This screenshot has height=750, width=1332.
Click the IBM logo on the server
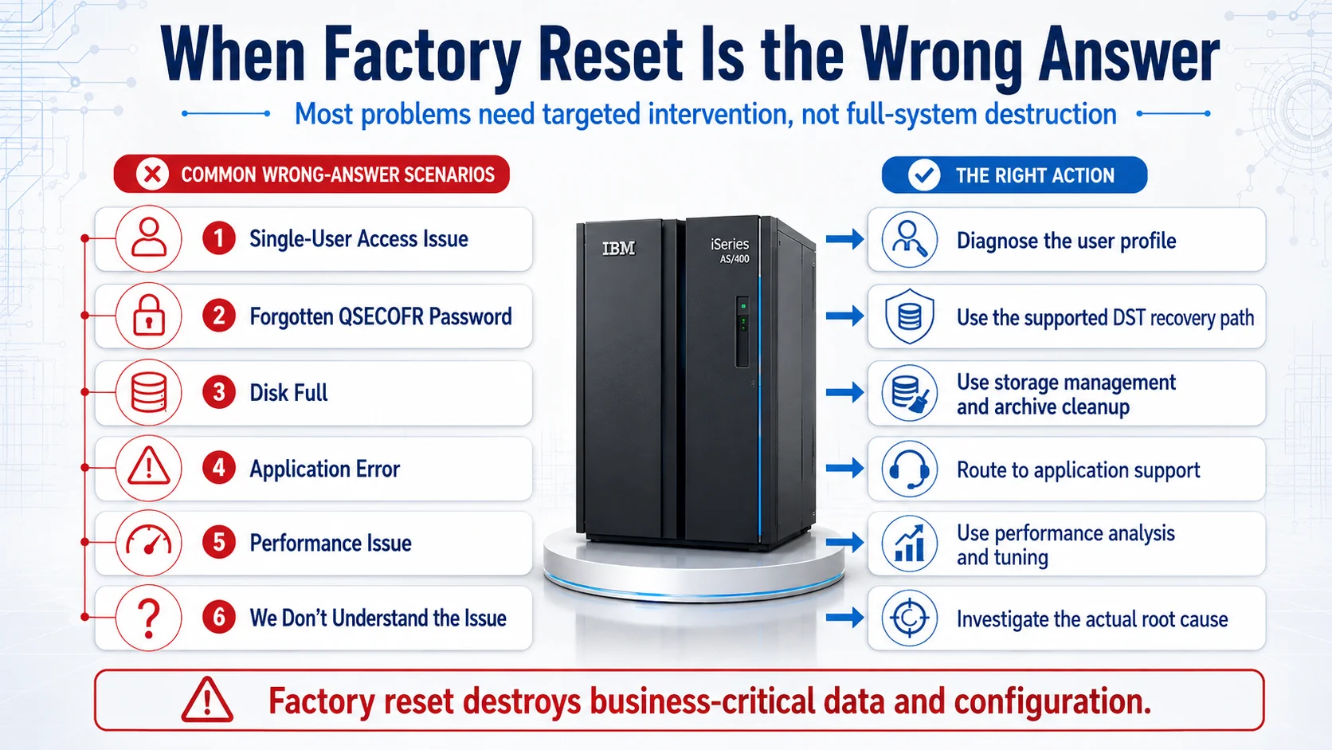[x=618, y=248]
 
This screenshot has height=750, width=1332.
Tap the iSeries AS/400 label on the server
[x=730, y=250]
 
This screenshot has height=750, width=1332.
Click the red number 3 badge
[x=219, y=392]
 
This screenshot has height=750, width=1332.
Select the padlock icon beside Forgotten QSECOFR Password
[x=149, y=316]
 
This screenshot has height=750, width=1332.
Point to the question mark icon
[x=149, y=618]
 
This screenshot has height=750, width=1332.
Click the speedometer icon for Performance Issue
[x=149, y=543]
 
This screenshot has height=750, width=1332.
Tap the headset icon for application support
[x=909, y=469]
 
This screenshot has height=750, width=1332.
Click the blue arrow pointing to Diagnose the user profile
[x=845, y=239]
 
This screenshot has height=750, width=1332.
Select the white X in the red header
[x=152, y=175]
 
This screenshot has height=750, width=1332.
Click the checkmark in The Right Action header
[x=924, y=175]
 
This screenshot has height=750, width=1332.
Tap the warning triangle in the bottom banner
[x=207, y=700]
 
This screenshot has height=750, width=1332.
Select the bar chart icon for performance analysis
[x=909, y=544]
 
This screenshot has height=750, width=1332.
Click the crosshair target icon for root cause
[x=909, y=618]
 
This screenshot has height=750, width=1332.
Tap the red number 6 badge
[x=219, y=618]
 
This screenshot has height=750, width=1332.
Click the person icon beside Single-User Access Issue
[x=149, y=238]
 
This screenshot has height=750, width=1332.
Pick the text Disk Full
[x=288, y=393]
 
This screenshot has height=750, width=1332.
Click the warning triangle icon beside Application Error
[x=149, y=468]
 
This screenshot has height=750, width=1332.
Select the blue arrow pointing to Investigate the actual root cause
[x=845, y=618]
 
